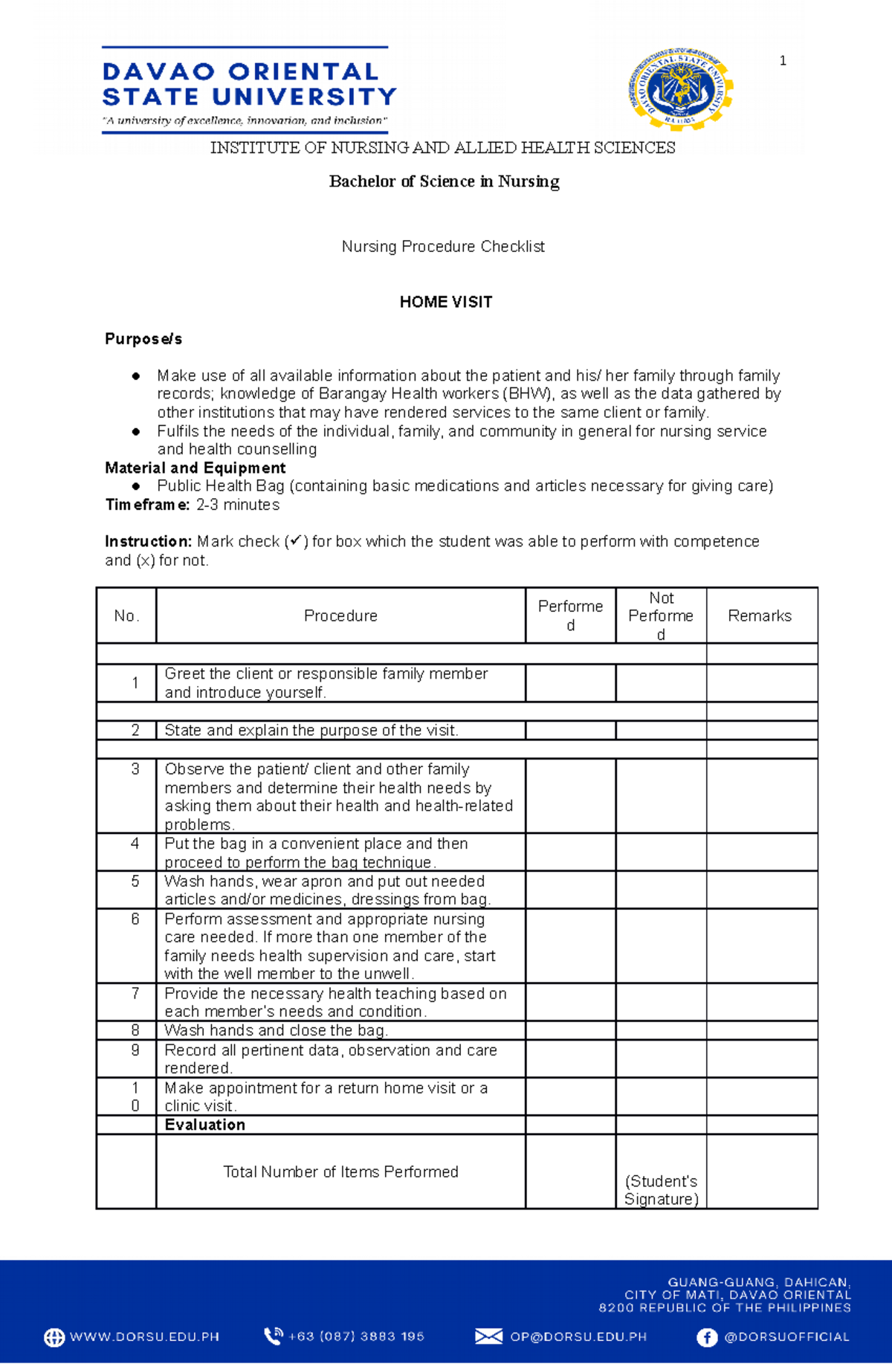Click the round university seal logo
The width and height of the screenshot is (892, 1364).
pos(679,90)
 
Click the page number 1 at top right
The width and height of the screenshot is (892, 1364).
pos(783,61)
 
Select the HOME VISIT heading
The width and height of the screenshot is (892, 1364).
pos(445,302)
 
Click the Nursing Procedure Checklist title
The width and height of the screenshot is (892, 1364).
pos(443,246)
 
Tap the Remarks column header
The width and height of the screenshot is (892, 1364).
pos(760,615)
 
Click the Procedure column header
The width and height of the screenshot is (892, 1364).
pos(340,615)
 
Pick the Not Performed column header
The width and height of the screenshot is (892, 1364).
pos(660,615)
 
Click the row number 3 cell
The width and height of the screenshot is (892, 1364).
pos(135,769)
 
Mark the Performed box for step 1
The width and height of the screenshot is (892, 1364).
pos(570,682)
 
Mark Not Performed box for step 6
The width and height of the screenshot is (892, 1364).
pos(660,946)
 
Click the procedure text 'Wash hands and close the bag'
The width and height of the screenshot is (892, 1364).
pos(276,1030)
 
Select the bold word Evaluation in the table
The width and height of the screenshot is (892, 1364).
pos(205,1125)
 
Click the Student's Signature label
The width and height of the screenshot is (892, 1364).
pos(661,1190)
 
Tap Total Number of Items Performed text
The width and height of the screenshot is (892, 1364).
pos(340,1171)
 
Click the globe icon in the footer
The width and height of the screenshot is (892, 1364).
pos(54,1337)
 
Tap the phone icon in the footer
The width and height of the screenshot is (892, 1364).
pos(273,1336)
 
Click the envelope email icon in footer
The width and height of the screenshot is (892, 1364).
pos(488,1336)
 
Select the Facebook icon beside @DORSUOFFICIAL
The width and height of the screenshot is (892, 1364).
pos(706,1337)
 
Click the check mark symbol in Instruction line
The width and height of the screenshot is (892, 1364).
pos(295,541)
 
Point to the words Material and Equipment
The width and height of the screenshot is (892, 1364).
pos(195,468)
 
